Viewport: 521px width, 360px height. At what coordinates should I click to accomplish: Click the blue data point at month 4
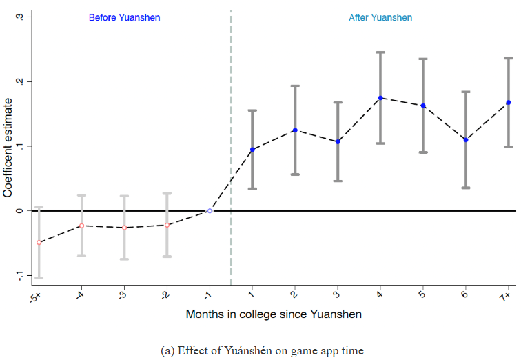(x=380, y=98)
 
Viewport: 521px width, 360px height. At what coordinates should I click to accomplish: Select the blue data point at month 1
(x=252, y=150)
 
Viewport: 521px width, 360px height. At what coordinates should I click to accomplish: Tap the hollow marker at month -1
(x=210, y=210)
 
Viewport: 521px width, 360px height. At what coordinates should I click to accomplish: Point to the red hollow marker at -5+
(x=39, y=243)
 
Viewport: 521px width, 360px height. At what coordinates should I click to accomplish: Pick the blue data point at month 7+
(x=509, y=103)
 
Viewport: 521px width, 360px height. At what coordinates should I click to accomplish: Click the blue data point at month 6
(x=466, y=140)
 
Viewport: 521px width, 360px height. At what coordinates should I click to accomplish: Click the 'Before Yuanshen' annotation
(x=124, y=17)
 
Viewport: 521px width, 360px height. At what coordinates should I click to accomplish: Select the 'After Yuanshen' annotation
(x=380, y=17)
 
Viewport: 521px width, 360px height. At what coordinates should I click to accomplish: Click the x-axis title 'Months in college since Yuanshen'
(x=274, y=314)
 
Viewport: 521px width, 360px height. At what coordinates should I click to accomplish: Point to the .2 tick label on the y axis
(x=19, y=81)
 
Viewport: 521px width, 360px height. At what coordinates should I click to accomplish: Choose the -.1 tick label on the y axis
(x=19, y=276)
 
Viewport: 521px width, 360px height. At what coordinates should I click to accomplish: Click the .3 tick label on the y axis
(x=19, y=17)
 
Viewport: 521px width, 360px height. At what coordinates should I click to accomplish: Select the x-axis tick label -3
(x=123, y=295)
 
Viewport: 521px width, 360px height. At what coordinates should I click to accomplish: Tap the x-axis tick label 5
(x=423, y=295)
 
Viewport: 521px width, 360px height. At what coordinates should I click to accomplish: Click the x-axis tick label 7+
(x=507, y=296)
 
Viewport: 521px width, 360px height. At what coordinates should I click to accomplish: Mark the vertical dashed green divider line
(x=231, y=138)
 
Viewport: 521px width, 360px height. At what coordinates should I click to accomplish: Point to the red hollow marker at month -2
(x=167, y=225)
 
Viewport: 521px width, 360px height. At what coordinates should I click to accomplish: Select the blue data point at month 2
(x=295, y=130)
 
